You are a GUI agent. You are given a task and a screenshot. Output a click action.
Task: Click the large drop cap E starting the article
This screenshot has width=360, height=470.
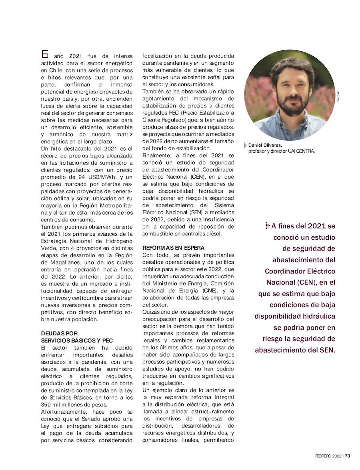(x=45, y=54)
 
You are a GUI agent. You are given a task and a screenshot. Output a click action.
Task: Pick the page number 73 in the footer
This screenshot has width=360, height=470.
(x=348, y=456)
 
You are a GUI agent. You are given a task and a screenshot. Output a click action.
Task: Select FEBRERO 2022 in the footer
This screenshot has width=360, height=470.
(x=328, y=456)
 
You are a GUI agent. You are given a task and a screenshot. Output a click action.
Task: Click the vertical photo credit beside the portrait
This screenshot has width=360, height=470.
(x=338, y=97)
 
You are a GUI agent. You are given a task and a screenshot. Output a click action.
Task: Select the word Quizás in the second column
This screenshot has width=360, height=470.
(x=152, y=312)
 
